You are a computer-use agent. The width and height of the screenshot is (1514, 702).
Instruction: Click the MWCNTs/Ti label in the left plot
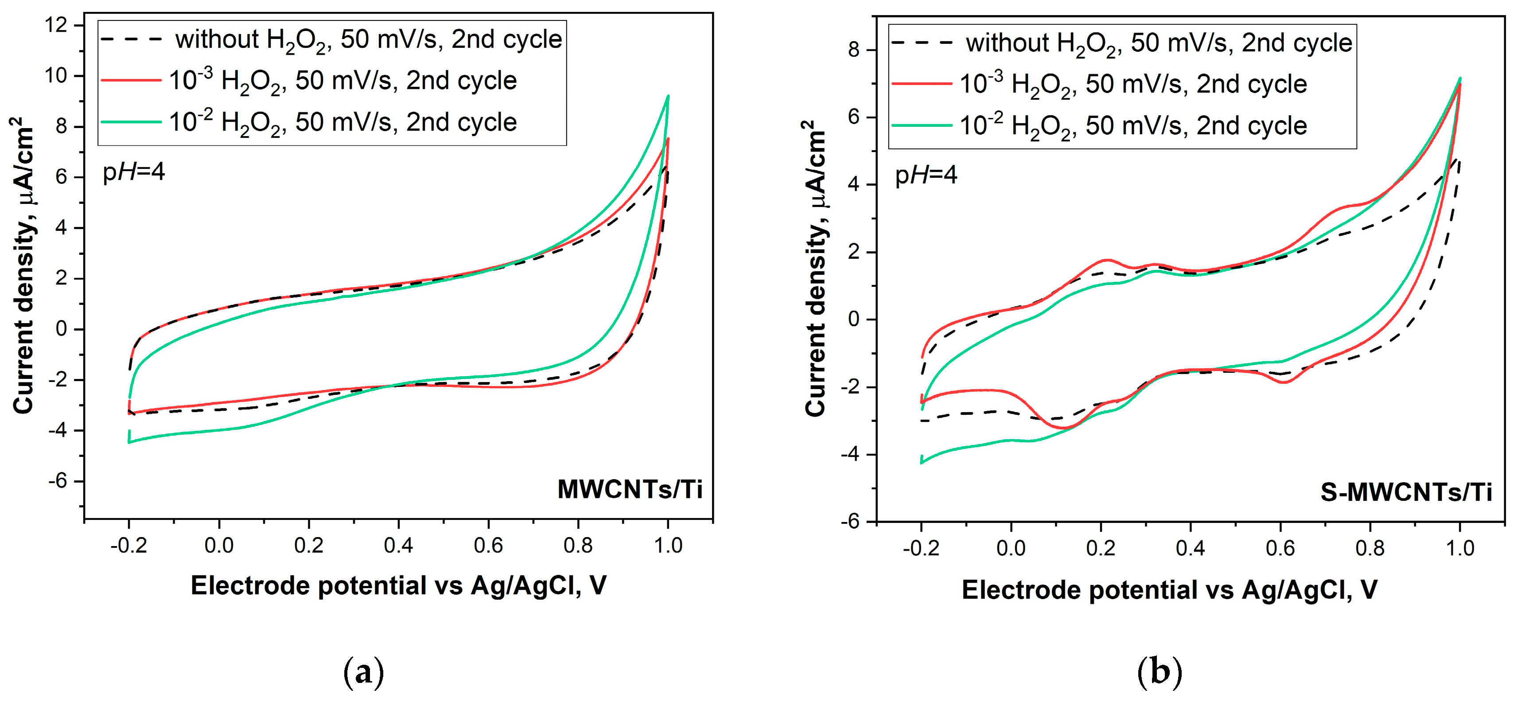pyautogui.click(x=630, y=489)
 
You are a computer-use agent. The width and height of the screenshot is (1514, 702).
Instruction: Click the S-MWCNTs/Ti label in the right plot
pyautogui.click(x=1406, y=492)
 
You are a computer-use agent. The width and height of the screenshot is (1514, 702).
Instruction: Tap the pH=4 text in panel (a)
pyautogui.click(x=133, y=172)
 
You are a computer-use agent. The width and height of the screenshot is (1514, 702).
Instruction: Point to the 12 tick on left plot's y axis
pyautogui.click(x=61, y=25)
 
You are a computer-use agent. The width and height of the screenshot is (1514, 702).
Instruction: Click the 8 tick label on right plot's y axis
pyautogui.click(x=854, y=51)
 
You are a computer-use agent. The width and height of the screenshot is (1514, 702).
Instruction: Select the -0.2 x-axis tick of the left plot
pyautogui.click(x=128, y=546)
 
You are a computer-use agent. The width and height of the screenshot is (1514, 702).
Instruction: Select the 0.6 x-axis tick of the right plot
pyautogui.click(x=1280, y=549)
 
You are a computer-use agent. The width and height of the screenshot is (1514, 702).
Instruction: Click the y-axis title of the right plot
pyautogui.click(x=815, y=269)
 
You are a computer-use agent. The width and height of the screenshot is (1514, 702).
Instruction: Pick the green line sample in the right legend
pyautogui.click(x=922, y=125)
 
